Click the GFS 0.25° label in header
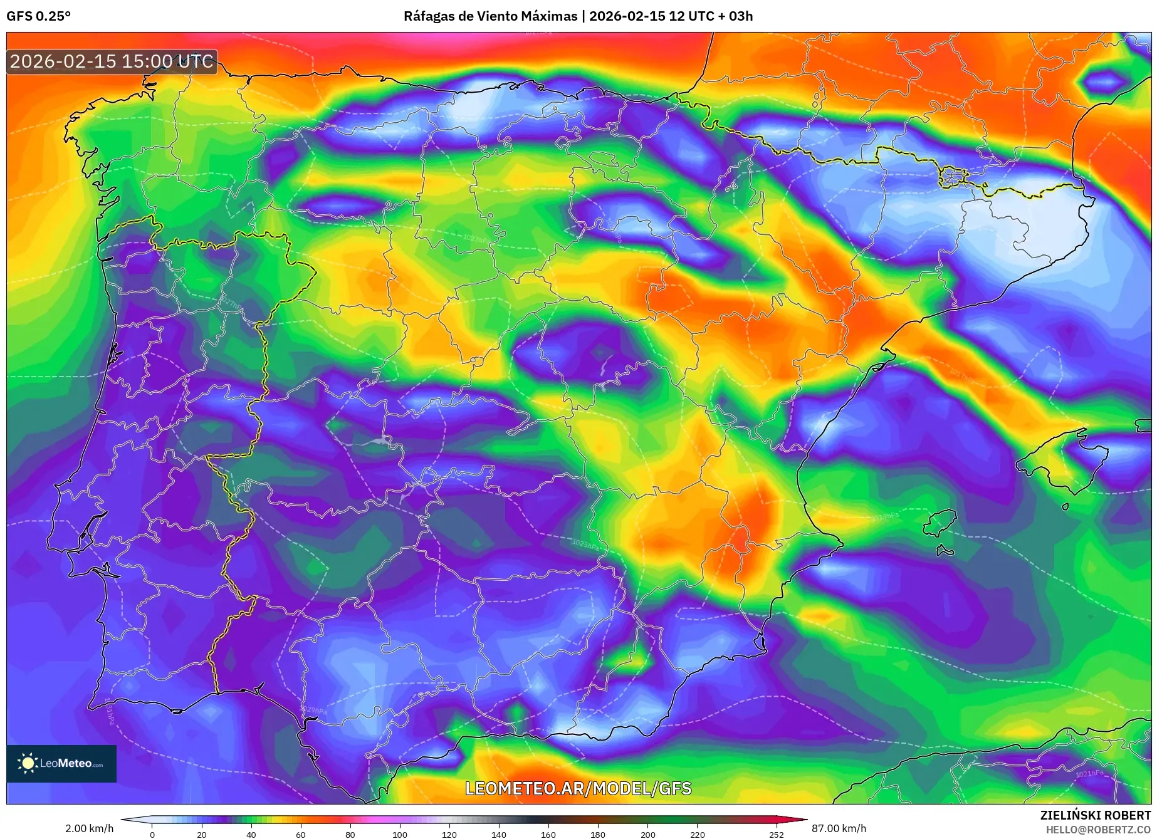coord(38,16)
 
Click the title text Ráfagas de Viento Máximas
coord(490,16)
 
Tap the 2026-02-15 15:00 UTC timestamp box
coord(112,61)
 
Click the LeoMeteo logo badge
coord(61,763)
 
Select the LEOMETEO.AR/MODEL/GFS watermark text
coord(578,788)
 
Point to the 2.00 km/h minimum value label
coord(89,828)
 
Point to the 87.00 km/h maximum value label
coord(839,828)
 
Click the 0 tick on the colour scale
coord(152,834)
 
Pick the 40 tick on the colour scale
coord(251,834)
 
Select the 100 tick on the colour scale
coord(399,834)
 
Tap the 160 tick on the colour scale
coord(548,834)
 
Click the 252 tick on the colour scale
coord(776,834)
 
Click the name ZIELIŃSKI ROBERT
coord(1095,815)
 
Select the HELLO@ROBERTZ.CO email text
coord(1097,830)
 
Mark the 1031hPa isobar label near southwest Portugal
coord(109,711)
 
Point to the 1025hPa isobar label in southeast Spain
coord(585,544)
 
